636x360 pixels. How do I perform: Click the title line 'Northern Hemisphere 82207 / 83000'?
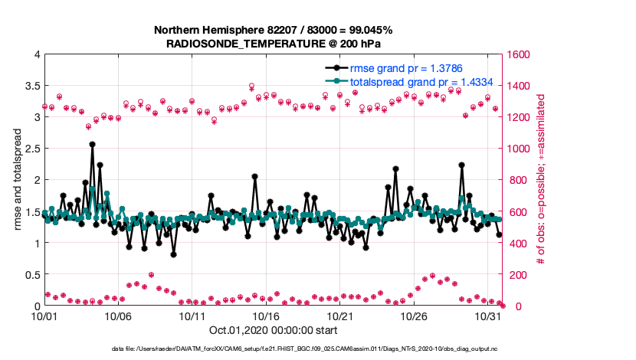point(273,30)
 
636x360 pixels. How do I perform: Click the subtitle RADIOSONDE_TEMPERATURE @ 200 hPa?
point(273,44)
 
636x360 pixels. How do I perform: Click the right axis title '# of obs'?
point(541,180)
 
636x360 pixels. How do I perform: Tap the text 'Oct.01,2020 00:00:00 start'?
point(273,331)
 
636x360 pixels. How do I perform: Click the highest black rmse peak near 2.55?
point(92,144)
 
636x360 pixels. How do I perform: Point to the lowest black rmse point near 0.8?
point(174,254)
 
